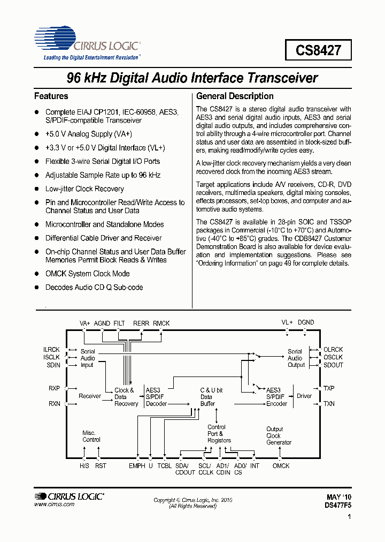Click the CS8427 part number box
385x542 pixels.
318,51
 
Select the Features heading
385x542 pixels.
51,96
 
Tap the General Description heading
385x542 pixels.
235,96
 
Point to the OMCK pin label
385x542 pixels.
281,466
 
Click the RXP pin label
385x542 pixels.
55,388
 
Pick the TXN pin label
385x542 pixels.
329,403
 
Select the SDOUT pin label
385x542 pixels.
333,365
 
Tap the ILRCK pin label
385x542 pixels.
52,350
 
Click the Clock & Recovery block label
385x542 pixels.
126,397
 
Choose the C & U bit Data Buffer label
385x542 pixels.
211,397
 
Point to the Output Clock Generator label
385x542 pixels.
279,435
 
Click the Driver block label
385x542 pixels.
304,396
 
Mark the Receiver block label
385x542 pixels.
90,396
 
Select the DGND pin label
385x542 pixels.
306,322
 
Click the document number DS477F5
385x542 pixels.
338,505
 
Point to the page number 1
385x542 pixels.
349,517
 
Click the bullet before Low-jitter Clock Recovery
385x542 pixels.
37,189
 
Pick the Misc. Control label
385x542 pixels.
91,436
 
